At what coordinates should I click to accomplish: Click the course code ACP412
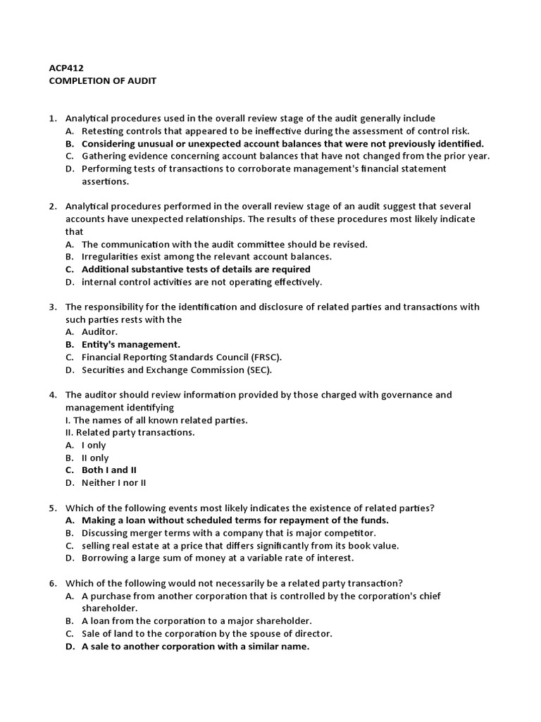click(x=66, y=68)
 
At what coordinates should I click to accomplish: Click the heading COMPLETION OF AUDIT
click(x=102, y=81)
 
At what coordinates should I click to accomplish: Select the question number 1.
click(x=53, y=118)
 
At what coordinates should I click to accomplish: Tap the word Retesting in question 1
click(x=104, y=131)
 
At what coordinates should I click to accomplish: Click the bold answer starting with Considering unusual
click(x=282, y=144)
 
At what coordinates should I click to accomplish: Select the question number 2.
click(x=53, y=207)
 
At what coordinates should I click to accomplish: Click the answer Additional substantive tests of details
click(x=196, y=269)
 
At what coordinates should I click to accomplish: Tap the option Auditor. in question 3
click(x=99, y=332)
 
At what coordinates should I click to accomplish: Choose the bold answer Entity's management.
click(x=131, y=345)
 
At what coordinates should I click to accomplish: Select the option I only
click(x=94, y=446)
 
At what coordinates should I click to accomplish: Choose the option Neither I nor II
click(x=113, y=483)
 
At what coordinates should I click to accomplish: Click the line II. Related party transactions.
click(x=130, y=433)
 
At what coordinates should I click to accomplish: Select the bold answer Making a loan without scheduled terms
click(x=235, y=520)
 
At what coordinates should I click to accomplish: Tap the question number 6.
click(x=53, y=583)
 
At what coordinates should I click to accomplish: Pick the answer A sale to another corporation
click(x=195, y=647)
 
